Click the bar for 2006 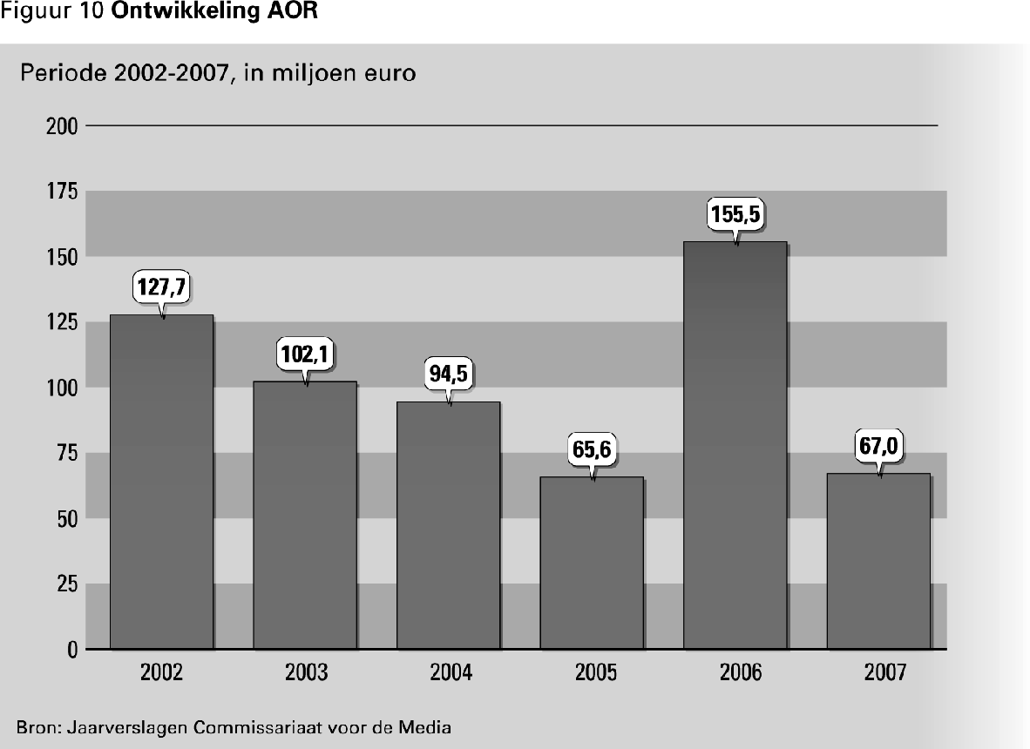(x=735, y=445)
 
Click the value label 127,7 (x=161, y=287)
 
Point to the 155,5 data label (x=735, y=214)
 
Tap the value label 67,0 (x=878, y=448)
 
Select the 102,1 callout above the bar (x=305, y=354)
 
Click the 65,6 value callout (x=592, y=451)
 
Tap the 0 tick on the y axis (x=73, y=650)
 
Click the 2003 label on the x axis (x=306, y=672)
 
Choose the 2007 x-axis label (x=878, y=672)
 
